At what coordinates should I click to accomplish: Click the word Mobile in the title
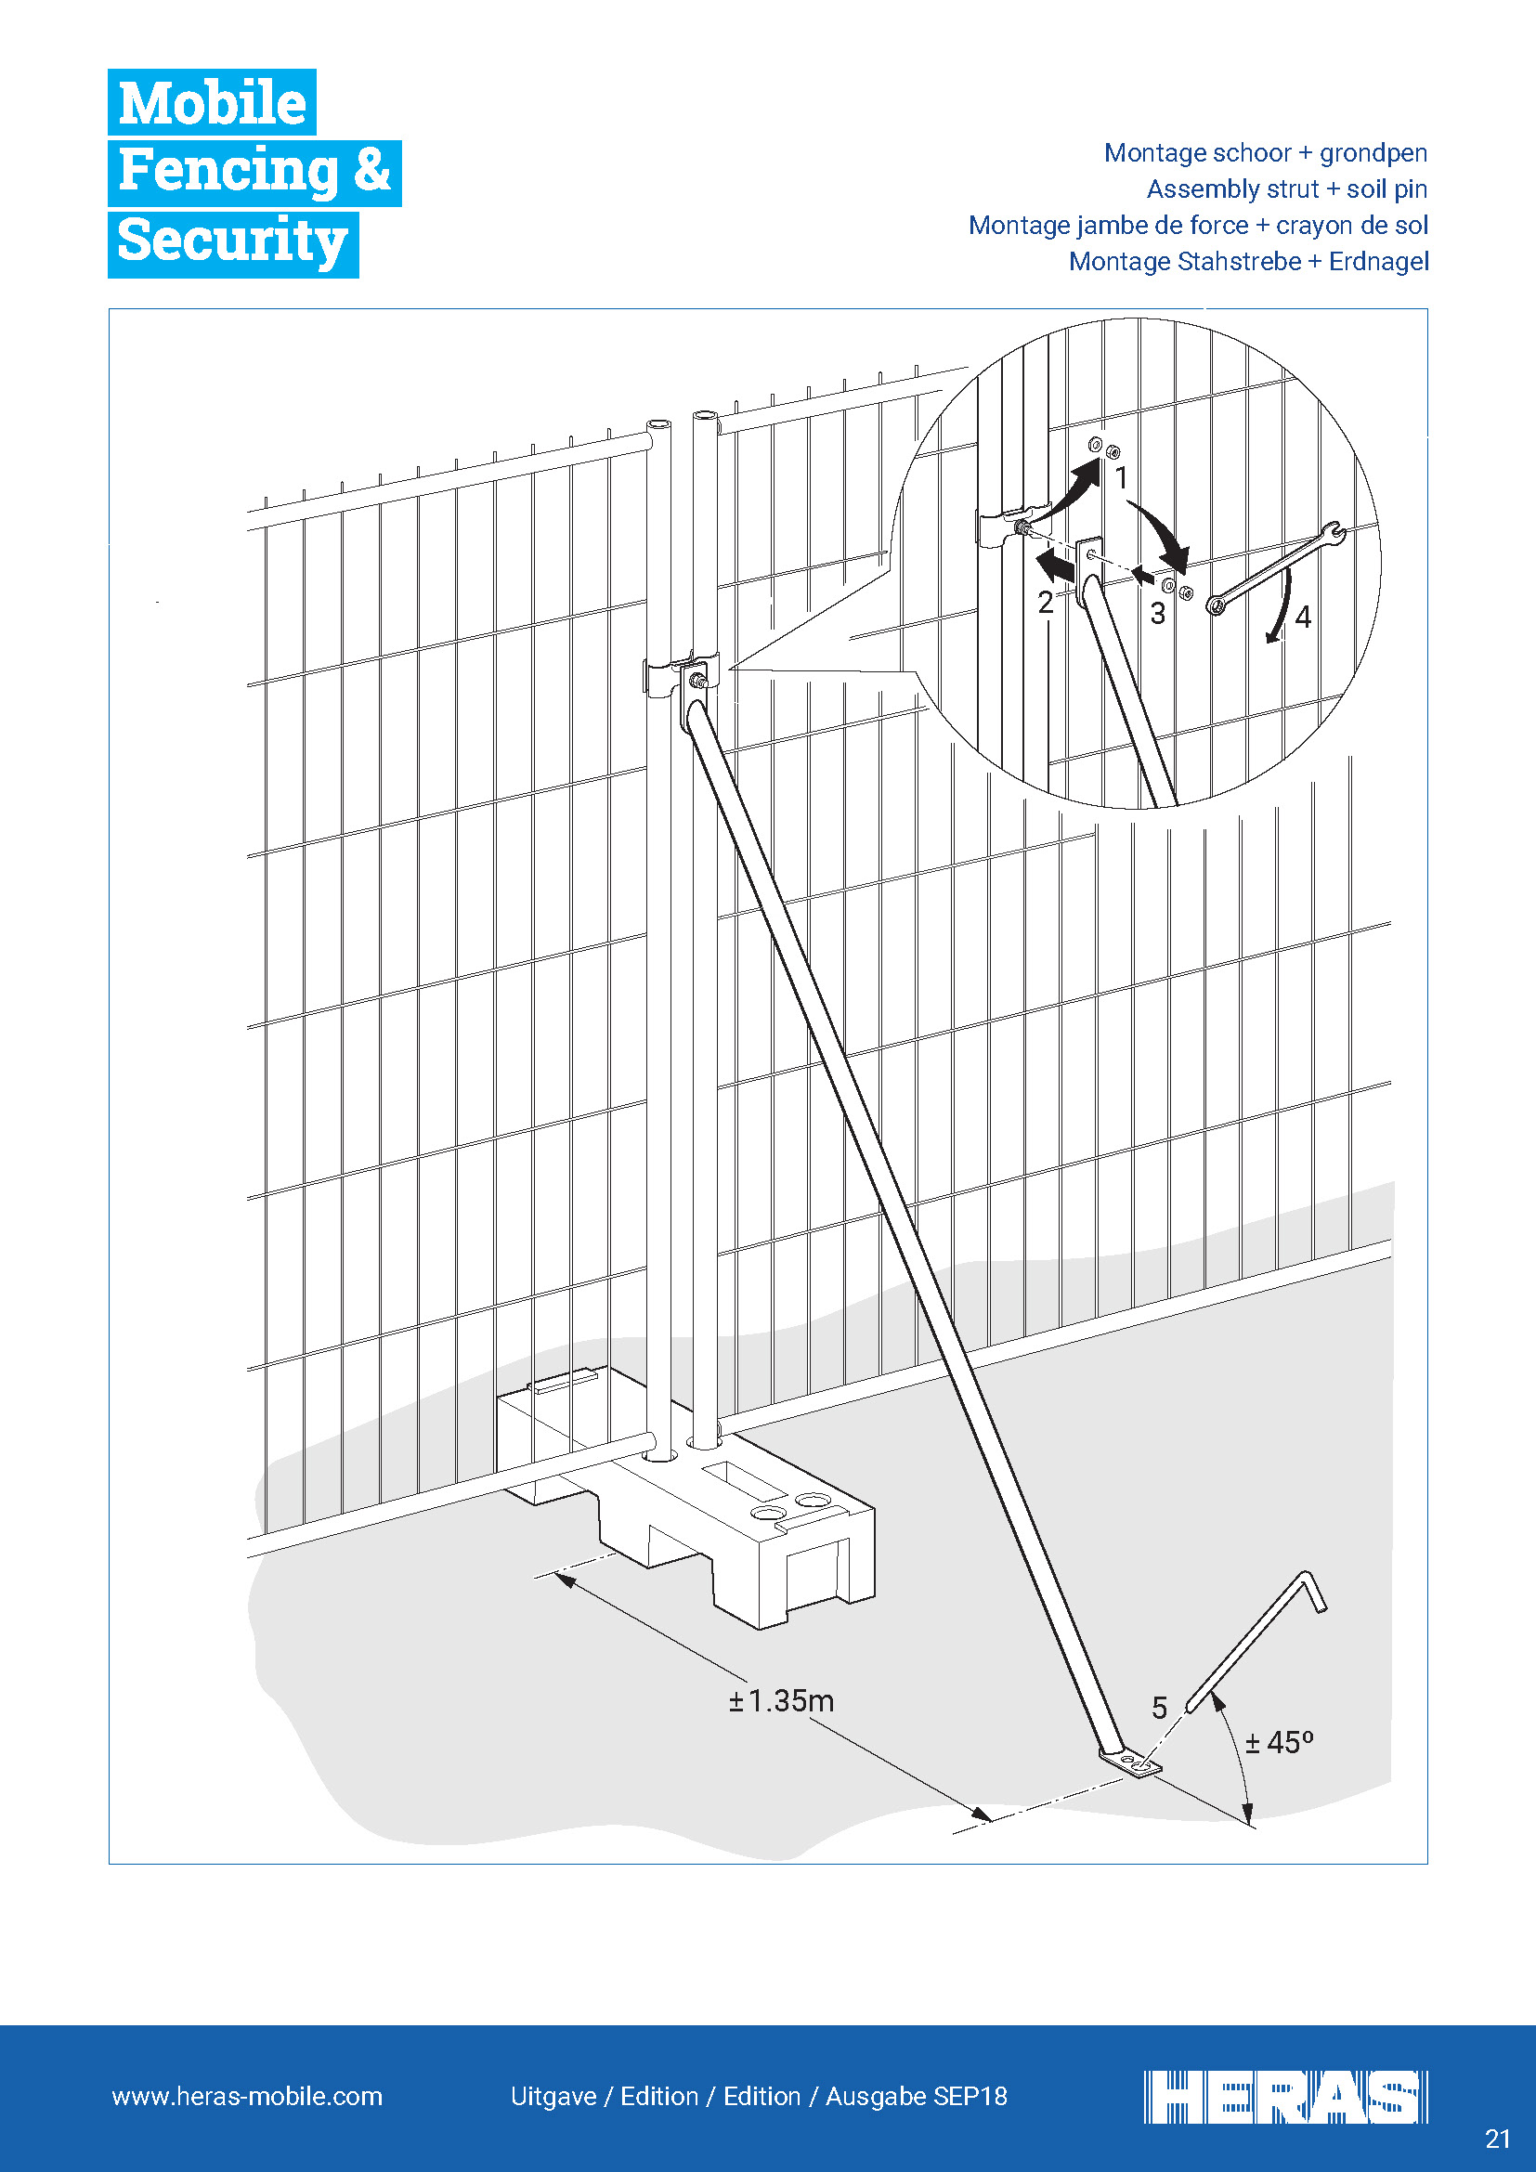tap(212, 102)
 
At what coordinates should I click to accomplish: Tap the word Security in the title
tap(233, 241)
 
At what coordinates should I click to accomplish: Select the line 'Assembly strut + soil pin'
tap(1286, 189)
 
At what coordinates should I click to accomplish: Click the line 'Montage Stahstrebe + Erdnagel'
tap(1248, 262)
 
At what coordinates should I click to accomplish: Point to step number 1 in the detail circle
tap(1122, 478)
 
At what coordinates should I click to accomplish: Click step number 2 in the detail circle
tap(1045, 603)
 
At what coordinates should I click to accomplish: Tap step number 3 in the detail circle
tap(1158, 614)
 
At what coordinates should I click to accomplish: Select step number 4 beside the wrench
tap(1303, 618)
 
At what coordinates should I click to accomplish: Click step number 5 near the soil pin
tap(1160, 1707)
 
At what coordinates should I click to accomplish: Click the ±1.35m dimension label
tap(781, 1701)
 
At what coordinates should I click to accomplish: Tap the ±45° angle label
tap(1279, 1741)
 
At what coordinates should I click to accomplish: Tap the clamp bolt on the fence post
tap(698, 679)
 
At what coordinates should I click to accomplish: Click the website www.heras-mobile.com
tap(247, 2097)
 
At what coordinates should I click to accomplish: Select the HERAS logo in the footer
tap(1284, 2098)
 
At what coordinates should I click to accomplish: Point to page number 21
tap(1497, 2139)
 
